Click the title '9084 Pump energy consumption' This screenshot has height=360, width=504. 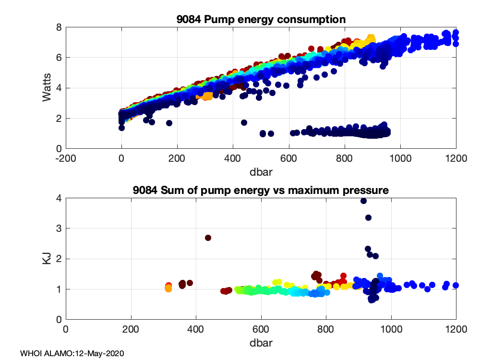pyautogui.click(x=261, y=20)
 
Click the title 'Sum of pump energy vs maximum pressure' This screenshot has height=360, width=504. pyautogui.click(x=261, y=191)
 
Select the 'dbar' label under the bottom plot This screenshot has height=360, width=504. pyautogui.click(x=261, y=343)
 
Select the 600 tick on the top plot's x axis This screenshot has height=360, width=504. pyautogui.click(x=289, y=157)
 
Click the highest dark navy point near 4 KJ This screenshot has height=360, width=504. pyautogui.click(x=363, y=201)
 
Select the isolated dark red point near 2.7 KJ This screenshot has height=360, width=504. pyautogui.click(x=208, y=238)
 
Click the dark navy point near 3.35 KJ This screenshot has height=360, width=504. pyautogui.click(x=368, y=217)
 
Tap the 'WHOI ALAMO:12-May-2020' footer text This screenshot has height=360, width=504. pyautogui.click(x=72, y=353)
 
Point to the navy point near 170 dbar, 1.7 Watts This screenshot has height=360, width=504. pyautogui.click(x=169, y=123)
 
